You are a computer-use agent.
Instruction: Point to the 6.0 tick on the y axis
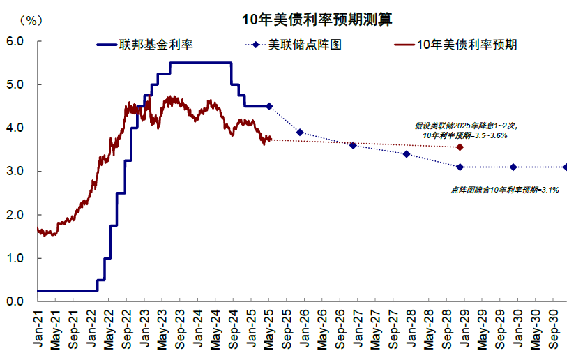(15, 41)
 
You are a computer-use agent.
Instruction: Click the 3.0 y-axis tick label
(15, 171)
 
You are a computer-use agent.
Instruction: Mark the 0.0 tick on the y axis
(15, 301)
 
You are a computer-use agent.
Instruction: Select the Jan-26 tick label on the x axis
(305, 327)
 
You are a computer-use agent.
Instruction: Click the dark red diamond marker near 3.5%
(460, 147)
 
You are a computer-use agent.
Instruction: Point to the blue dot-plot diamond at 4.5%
(269, 106)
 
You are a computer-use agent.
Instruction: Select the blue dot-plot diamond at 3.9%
(300, 132)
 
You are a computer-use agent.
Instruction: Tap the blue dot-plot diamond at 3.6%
(353, 145)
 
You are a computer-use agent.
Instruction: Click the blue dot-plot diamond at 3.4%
(407, 154)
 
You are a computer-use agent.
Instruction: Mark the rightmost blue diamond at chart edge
(566, 167)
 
